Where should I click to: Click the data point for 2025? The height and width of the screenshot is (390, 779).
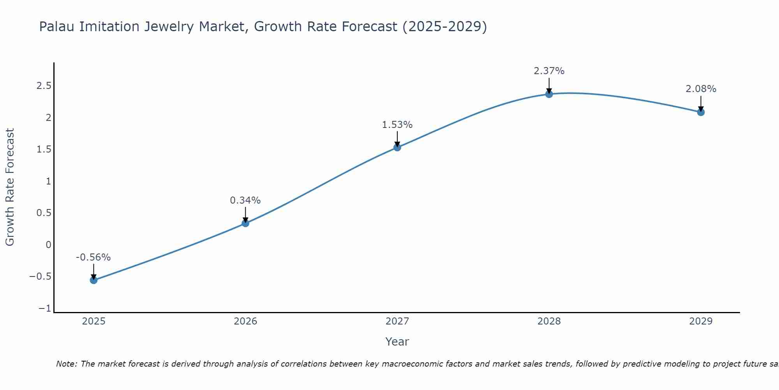click(93, 280)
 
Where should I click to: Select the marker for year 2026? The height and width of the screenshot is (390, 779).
click(245, 223)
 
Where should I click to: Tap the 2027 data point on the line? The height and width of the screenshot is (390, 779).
click(397, 147)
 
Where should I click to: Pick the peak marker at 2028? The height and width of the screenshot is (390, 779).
click(549, 94)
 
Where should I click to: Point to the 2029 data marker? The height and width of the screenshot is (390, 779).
click(701, 112)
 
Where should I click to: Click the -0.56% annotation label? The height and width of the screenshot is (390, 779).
click(93, 257)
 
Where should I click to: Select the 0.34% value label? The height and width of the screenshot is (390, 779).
click(245, 200)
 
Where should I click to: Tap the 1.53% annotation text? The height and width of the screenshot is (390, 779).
click(397, 125)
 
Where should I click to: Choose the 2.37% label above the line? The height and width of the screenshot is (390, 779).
click(549, 71)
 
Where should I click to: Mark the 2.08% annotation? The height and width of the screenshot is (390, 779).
click(701, 89)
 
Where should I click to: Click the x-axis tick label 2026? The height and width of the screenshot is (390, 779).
click(245, 321)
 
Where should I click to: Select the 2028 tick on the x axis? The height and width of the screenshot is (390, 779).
click(549, 321)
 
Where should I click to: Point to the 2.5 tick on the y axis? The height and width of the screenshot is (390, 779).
click(44, 86)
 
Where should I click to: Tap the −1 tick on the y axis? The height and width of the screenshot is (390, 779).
click(45, 308)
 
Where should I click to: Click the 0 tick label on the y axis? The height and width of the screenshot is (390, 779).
click(48, 245)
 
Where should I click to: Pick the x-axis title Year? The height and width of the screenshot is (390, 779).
click(397, 342)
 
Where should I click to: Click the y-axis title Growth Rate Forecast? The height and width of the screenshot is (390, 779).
click(10, 187)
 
